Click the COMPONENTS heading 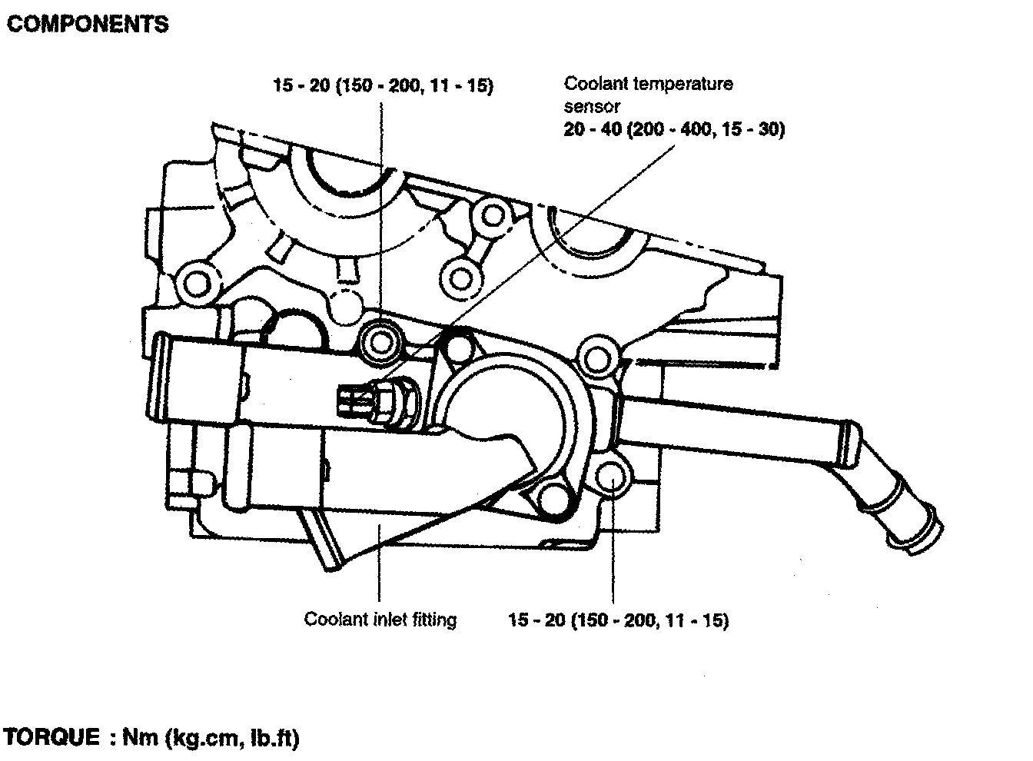coord(87,25)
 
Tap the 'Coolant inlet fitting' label coord(380,619)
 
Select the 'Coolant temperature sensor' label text coord(648,94)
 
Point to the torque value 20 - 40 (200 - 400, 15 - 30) coord(674,130)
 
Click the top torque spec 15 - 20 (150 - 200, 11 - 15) coord(383,85)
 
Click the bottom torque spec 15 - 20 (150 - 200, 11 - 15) coord(618,620)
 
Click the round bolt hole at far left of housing coord(197,283)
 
